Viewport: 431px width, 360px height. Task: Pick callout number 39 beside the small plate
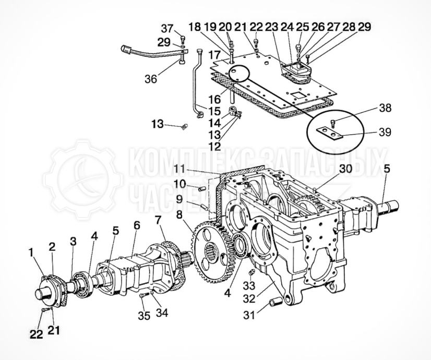(x=385, y=133)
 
